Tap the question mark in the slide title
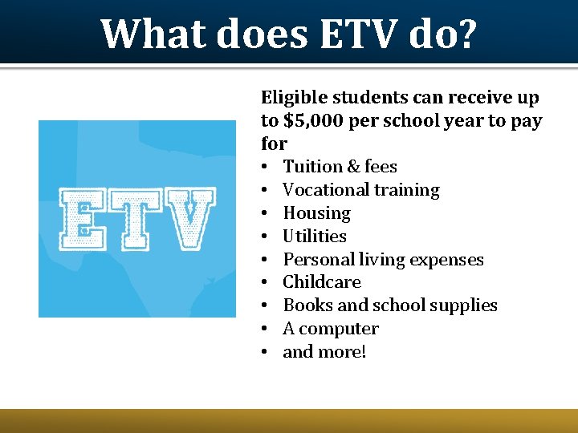[x=466, y=34]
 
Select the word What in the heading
[x=153, y=34]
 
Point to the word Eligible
[x=294, y=98]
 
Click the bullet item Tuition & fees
[x=340, y=167]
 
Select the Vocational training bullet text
[x=361, y=190]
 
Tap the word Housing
[x=316, y=213]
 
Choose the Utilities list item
[x=315, y=237]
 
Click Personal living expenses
[x=383, y=260]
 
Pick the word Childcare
[x=322, y=282]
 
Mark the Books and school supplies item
[x=390, y=306]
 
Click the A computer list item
[x=331, y=329]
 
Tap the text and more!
[x=324, y=352]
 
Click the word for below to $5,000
[x=274, y=144]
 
